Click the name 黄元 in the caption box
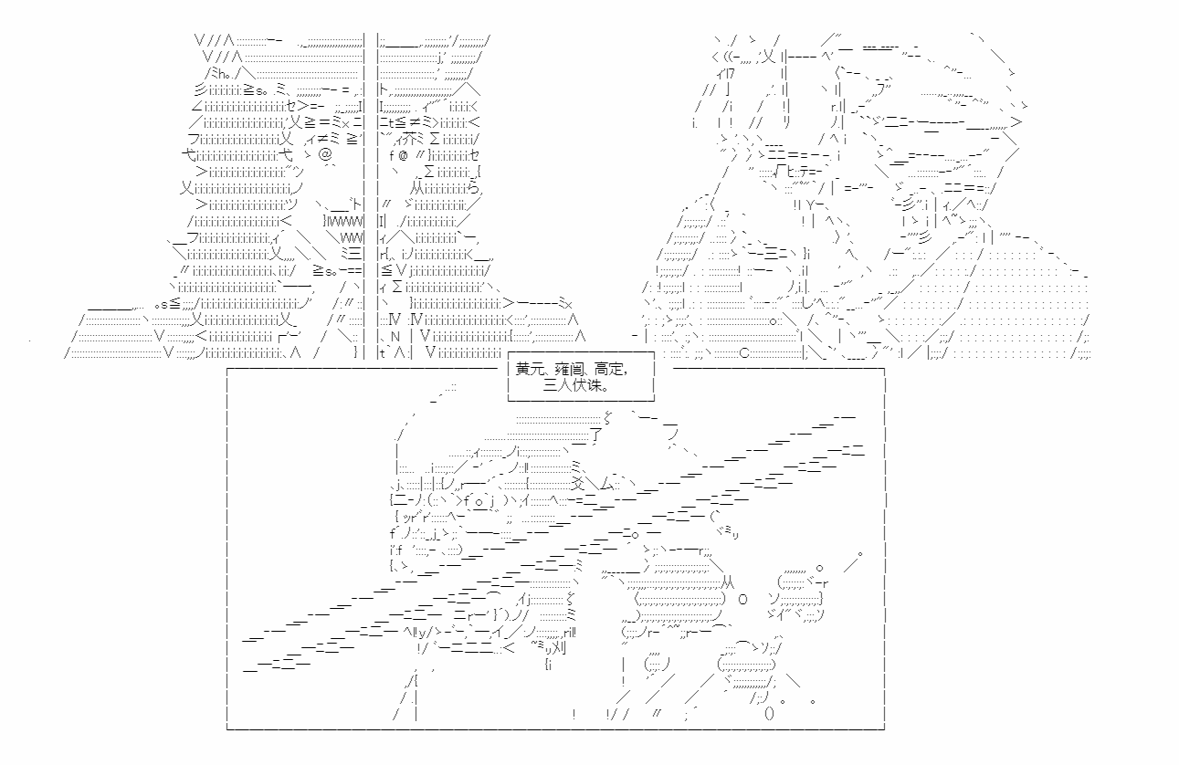[x=529, y=370]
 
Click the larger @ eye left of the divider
[x=326, y=154]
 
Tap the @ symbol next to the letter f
[x=403, y=156]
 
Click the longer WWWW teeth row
[x=344, y=221]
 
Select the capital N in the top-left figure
[x=395, y=337]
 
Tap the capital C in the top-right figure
[x=743, y=353]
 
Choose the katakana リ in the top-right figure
[x=786, y=122]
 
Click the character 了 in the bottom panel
[x=595, y=435]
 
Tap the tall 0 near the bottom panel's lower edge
[x=769, y=714]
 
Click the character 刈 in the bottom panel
[x=558, y=647]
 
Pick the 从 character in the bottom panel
[x=728, y=582]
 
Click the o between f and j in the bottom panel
[x=479, y=501]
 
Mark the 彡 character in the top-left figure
[x=201, y=89]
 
